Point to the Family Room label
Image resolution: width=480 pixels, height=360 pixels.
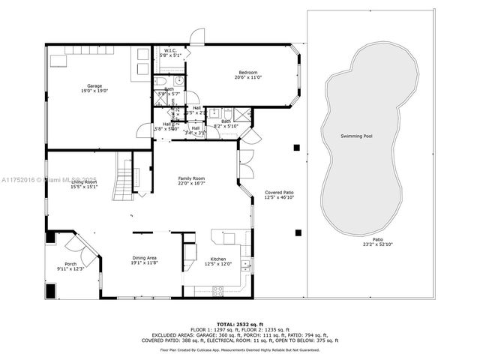pyautogui.click(x=192, y=178)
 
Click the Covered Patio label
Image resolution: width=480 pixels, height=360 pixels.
pyautogui.click(x=279, y=193)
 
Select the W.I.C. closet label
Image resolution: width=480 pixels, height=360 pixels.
pyautogui.click(x=170, y=50)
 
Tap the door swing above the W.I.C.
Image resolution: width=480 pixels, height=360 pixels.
pyautogui.click(x=196, y=36)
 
